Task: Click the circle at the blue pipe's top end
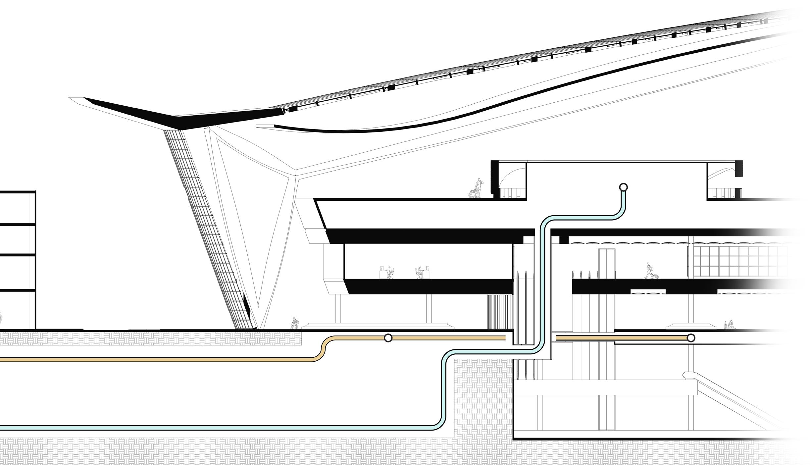pyautogui.click(x=623, y=187)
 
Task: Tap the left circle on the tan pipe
pyautogui.click(x=388, y=338)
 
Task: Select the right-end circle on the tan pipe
pyautogui.click(x=691, y=338)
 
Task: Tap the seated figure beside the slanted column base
pyautogui.click(x=293, y=323)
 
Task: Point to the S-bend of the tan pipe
pyautogui.click(x=322, y=349)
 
